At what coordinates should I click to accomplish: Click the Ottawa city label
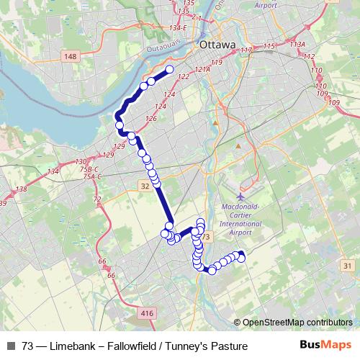click(218, 45)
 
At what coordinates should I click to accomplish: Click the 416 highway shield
click(147, 313)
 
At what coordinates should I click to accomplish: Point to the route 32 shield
click(145, 185)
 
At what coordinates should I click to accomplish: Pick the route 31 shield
click(348, 266)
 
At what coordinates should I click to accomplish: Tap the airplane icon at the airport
click(240, 196)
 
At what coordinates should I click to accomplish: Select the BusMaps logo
click(325, 346)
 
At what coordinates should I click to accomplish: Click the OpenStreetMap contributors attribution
click(297, 322)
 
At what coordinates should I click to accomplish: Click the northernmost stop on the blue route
click(171, 70)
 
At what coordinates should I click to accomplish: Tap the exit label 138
click(21, 189)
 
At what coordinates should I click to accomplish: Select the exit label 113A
click(297, 44)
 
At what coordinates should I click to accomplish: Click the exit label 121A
click(202, 70)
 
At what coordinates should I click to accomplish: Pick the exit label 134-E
click(177, 28)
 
